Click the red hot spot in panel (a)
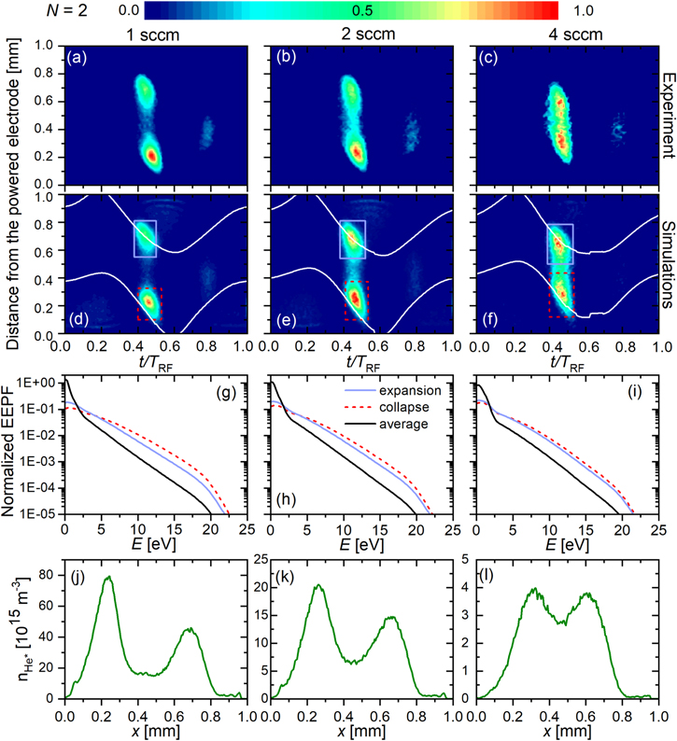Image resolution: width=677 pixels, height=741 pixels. pos(151,155)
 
